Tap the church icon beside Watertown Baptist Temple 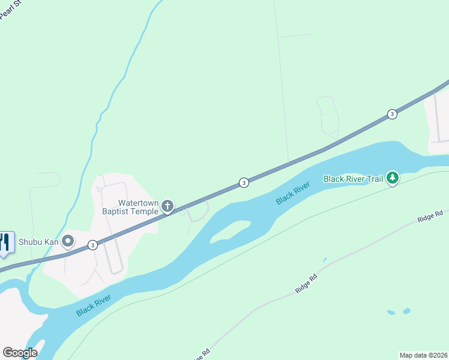167,208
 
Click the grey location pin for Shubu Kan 68,242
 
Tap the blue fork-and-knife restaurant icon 5,242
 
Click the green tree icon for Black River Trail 393,178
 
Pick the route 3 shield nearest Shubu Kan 92,245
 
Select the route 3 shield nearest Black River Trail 392,114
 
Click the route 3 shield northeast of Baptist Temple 244,182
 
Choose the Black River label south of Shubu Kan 94,305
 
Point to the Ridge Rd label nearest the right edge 431,215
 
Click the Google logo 20,353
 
